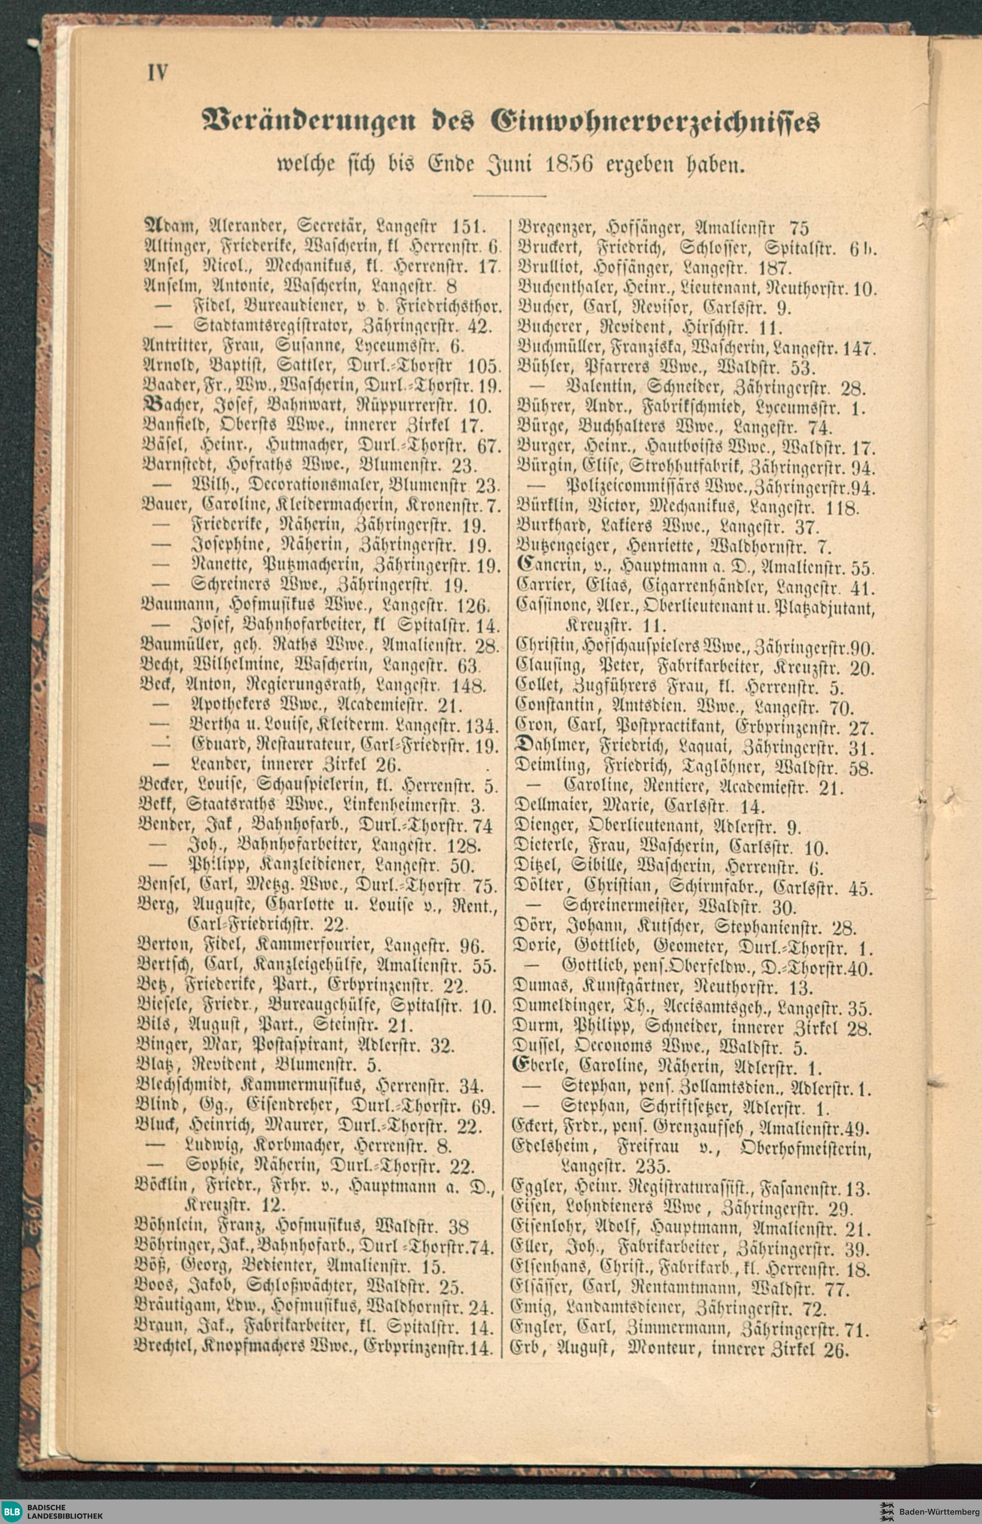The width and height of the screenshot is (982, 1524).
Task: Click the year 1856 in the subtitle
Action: [571, 166]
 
